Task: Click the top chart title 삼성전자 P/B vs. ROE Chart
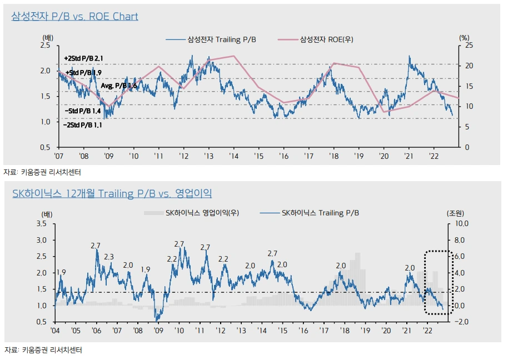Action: [x=74, y=16]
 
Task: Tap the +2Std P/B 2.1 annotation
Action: [x=84, y=58]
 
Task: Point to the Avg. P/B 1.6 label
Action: [x=119, y=86]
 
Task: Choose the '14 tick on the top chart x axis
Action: [x=233, y=157]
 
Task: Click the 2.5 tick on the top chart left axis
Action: [x=46, y=46]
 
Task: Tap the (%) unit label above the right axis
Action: [x=465, y=37]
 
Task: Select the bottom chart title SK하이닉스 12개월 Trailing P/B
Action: [x=112, y=193]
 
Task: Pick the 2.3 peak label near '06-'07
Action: [x=109, y=257]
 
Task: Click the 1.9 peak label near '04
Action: [x=61, y=272]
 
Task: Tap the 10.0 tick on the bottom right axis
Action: [x=462, y=224]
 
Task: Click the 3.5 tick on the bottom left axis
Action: [x=42, y=224]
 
